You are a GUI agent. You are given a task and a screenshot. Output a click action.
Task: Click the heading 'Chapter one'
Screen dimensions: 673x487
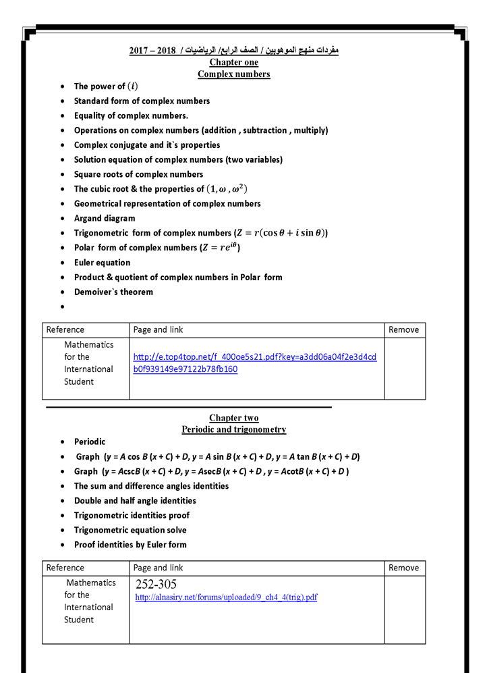pyautogui.click(x=233, y=63)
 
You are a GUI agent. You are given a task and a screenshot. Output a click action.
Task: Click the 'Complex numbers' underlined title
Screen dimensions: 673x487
pyautogui.click(x=233, y=74)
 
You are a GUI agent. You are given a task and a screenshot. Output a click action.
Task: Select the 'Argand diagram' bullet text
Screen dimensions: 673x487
pyautogui.click(x=105, y=218)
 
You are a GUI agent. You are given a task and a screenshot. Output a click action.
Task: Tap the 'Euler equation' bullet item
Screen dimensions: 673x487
pyautogui.click(x=102, y=263)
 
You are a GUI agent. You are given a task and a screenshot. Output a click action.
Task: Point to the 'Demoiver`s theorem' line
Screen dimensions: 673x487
pyautogui.click(x=113, y=292)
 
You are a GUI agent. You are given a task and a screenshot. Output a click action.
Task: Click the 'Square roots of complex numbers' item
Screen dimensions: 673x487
pyautogui.click(x=138, y=174)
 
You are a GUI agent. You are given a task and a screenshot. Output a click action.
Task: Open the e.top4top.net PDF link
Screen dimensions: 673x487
pyautogui.click(x=254, y=362)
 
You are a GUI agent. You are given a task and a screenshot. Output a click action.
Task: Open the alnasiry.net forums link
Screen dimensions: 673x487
pyautogui.click(x=226, y=597)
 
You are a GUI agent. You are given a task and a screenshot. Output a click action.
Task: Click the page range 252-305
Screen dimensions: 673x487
pyautogui.click(x=156, y=585)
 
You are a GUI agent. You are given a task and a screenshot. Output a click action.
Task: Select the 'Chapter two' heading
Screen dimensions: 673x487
pyautogui.click(x=233, y=419)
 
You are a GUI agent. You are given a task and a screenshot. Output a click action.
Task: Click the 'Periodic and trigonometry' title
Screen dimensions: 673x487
pyautogui.click(x=233, y=429)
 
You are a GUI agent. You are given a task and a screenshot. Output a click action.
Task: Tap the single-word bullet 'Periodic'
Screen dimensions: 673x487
pyautogui.click(x=90, y=441)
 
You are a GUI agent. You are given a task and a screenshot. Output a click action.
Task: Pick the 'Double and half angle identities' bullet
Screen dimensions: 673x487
pyautogui.click(x=135, y=501)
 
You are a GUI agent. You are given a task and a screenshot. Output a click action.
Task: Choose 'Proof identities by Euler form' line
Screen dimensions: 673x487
pyautogui.click(x=130, y=545)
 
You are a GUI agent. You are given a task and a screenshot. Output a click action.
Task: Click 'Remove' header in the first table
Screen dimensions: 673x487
pyautogui.click(x=403, y=330)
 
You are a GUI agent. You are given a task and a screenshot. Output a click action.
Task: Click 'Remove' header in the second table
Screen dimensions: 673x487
pyautogui.click(x=403, y=568)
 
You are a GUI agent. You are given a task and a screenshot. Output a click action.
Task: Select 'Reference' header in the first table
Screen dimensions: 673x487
pyautogui.click(x=65, y=330)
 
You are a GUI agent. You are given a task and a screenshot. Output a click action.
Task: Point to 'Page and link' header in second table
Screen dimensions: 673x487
pyautogui.click(x=158, y=568)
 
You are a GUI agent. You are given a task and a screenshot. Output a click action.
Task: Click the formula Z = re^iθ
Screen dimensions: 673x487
pyautogui.click(x=221, y=247)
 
